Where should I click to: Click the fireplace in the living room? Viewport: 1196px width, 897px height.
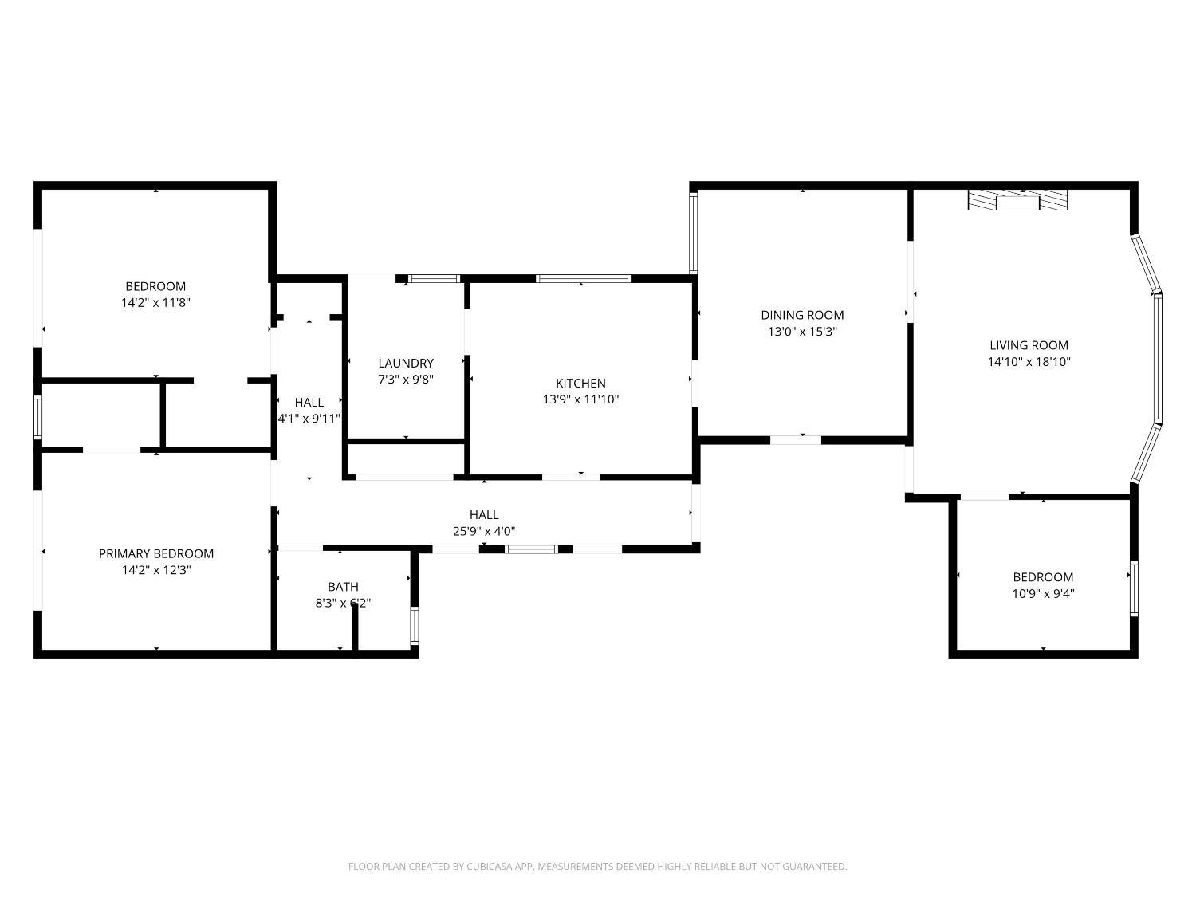pyautogui.click(x=1018, y=200)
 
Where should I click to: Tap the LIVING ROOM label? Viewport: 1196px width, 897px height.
pyautogui.click(x=1029, y=345)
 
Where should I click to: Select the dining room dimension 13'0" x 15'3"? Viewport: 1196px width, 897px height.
pyautogui.click(x=802, y=332)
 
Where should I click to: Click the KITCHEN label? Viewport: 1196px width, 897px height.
pyautogui.click(x=580, y=384)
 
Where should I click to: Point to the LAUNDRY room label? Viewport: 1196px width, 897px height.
pyautogui.click(x=406, y=364)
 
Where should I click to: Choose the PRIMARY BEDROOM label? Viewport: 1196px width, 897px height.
pyautogui.click(x=156, y=553)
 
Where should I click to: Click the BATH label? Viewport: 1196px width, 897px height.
pyautogui.click(x=343, y=587)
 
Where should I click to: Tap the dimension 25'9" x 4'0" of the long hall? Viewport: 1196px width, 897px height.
pyautogui.click(x=484, y=532)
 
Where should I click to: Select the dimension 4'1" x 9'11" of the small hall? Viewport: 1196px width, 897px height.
pyautogui.click(x=309, y=419)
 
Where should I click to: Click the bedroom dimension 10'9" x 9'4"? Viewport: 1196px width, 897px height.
pyautogui.click(x=1043, y=594)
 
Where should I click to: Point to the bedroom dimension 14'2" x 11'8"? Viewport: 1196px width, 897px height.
pyautogui.click(x=155, y=303)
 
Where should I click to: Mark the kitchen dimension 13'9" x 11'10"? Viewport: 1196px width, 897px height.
pyautogui.click(x=580, y=400)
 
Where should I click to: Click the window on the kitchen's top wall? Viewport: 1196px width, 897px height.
pyautogui.click(x=584, y=278)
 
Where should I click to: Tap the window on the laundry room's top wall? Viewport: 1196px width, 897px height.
pyautogui.click(x=434, y=278)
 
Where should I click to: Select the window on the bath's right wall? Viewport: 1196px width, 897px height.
pyautogui.click(x=414, y=625)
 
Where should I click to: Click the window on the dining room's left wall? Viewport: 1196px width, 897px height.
pyautogui.click(x=694, y=233)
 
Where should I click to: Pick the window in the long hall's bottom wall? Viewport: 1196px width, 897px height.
pyautogui.click(x=532, y=549)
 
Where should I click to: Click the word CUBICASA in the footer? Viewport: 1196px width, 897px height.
pyautogui.click(x=489, y=867)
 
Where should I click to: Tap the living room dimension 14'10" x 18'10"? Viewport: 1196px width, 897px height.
pyautogui.click(x=1029, y=362)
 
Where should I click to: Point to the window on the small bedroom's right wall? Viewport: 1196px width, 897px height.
pyautogui.click(x=1133, y=588)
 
